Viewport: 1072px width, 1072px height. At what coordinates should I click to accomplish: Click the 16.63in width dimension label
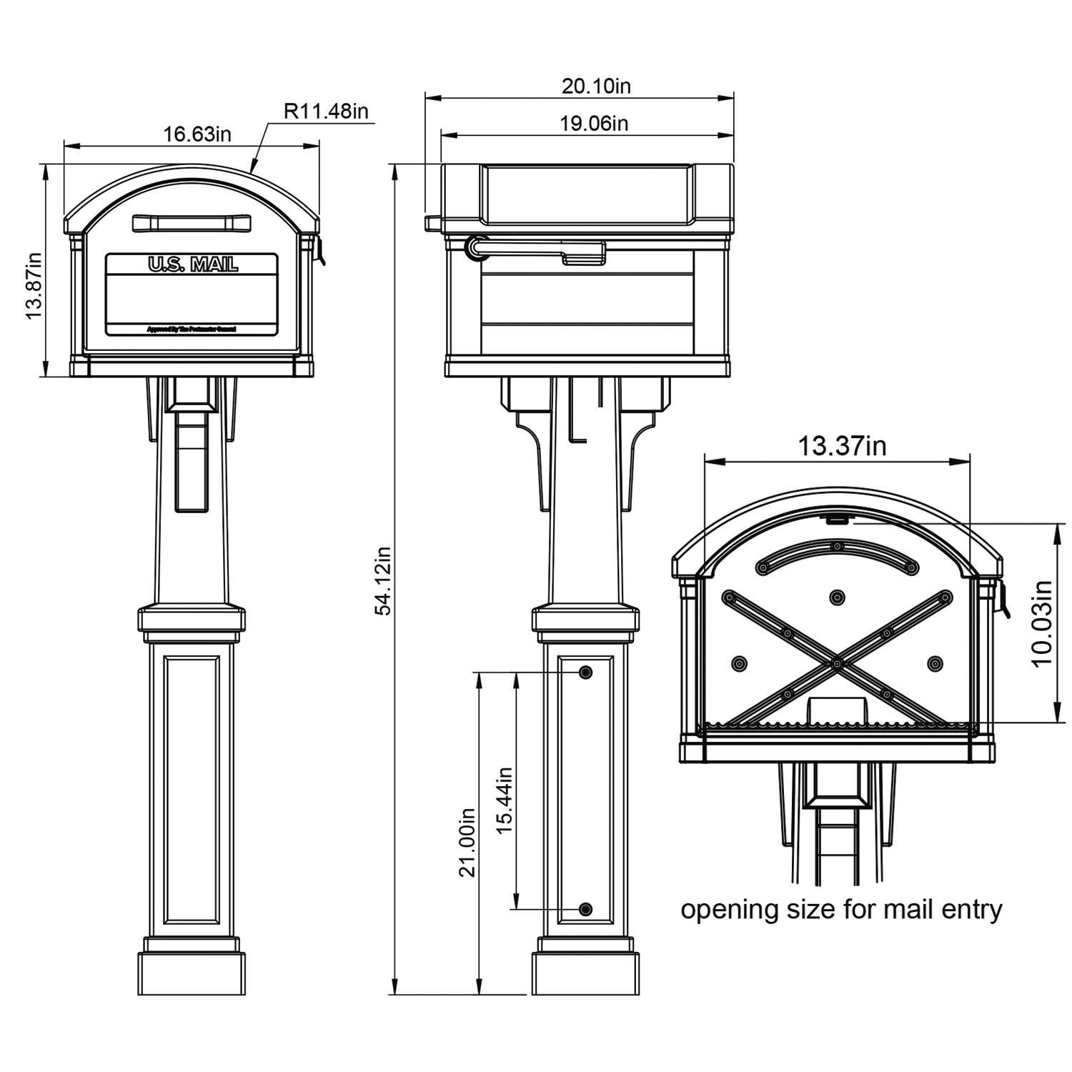[197, 134]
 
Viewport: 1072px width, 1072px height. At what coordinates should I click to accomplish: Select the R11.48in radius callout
[326, 111]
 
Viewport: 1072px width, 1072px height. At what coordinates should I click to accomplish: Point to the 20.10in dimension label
[596, 86]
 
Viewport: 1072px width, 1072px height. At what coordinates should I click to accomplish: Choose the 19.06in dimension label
[593, 124]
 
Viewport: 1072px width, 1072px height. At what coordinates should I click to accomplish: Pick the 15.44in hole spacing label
[505, 800]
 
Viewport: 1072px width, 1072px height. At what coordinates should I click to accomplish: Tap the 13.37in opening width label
[841, 446]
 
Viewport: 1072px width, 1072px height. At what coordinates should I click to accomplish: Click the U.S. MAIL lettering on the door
[193, 265]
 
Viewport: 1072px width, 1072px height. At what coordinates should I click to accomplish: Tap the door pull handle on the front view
[192, 223]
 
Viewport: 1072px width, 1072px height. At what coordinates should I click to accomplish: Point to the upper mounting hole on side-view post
[586, 673]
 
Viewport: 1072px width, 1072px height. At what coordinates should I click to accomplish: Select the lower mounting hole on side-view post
[586, 909]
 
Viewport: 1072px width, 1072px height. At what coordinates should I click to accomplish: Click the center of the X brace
[835, 664]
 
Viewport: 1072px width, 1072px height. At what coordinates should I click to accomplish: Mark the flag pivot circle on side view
[475, 247]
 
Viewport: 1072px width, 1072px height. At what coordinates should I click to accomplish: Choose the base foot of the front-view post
[192, 972]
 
